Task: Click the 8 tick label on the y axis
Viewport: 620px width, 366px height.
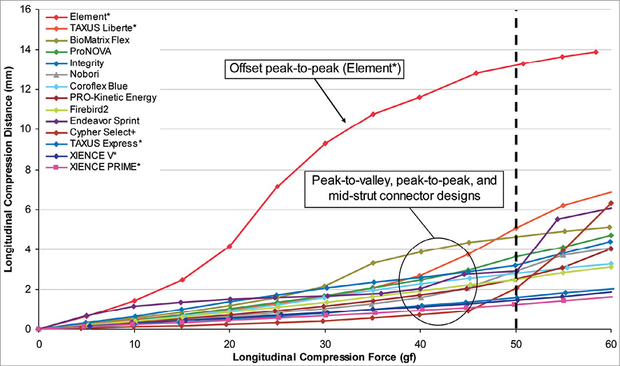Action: pos(27,169)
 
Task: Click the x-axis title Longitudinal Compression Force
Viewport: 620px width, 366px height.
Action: pos(324,357)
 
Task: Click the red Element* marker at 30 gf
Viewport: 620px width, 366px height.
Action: pos(324,143)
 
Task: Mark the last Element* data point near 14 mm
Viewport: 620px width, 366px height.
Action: pos(595,52)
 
